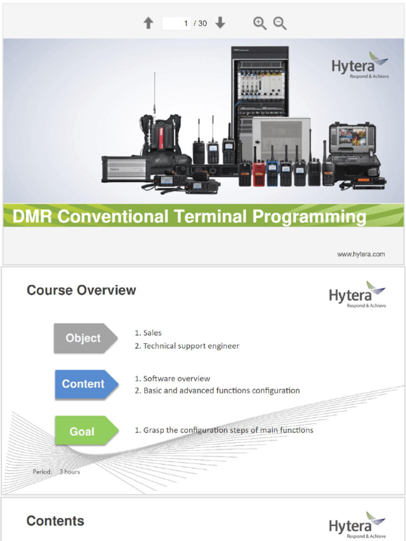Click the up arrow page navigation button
149,23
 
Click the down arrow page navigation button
220,23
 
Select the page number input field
177,23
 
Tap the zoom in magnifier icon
260,23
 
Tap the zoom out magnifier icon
280,23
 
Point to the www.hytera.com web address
361,254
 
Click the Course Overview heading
81,290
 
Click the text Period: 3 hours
57,471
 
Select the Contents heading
56,521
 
